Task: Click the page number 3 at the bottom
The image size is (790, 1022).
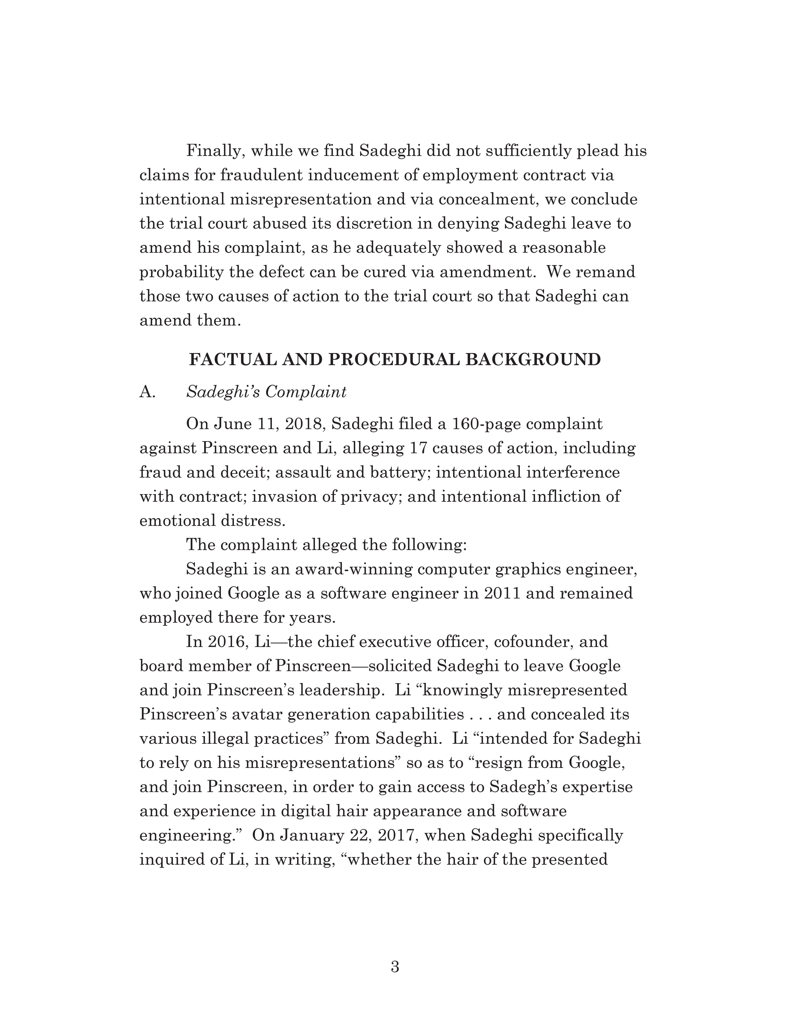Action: tap(395, 966)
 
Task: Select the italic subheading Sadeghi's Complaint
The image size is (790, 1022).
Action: tap(266, 392)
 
